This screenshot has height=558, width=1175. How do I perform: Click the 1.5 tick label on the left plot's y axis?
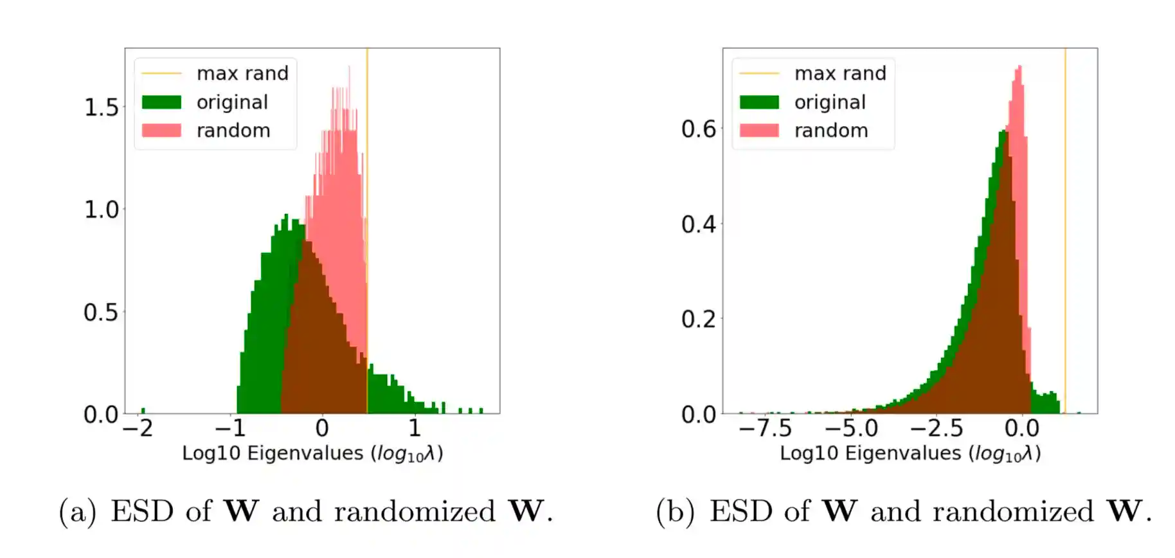101,107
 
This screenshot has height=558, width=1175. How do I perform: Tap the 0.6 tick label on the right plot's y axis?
698,129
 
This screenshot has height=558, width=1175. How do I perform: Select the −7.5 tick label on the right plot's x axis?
765,428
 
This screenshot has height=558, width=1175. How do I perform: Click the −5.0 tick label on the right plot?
851,428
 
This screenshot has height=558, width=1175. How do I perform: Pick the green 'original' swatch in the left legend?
161,102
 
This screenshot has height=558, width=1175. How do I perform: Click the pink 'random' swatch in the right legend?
759,130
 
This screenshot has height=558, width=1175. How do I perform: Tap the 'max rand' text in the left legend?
242,73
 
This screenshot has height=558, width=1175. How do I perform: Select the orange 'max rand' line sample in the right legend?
759,73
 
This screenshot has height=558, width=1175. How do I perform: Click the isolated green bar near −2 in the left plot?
143,410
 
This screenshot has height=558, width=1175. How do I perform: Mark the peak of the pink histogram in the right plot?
1019,68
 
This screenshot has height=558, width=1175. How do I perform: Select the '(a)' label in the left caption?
77,512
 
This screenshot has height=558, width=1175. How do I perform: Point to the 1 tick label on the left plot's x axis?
415,428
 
